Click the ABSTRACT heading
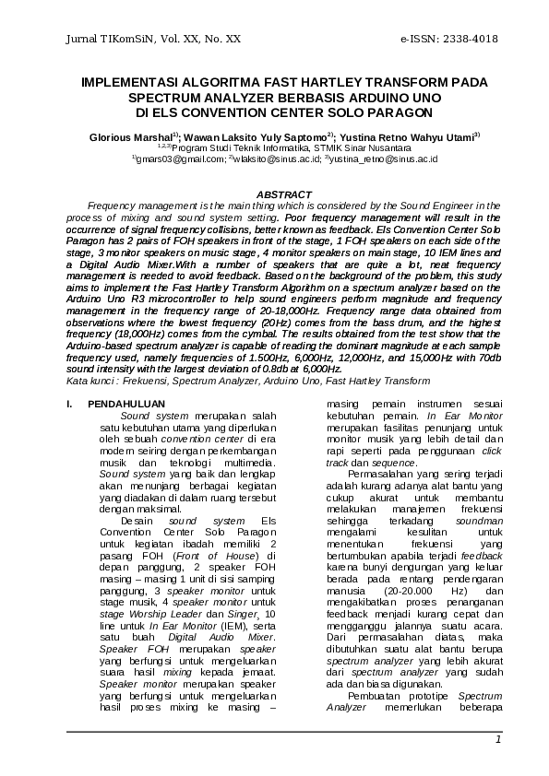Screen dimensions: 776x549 click(283, 194)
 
